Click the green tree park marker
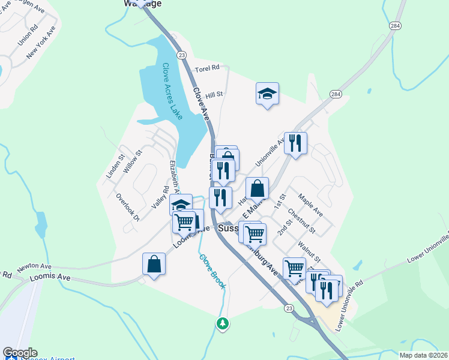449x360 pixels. (223, 323)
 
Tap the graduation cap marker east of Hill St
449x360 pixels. (267, 94)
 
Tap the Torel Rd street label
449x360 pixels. (208, 70)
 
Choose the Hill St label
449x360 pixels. (214, 95)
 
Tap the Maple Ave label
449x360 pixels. (310, 205)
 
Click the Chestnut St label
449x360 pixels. (301, 221)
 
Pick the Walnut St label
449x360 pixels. (310, 250)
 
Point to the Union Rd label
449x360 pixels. (28, 35)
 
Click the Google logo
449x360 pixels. (20, 353)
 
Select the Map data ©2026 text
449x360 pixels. (423, 355)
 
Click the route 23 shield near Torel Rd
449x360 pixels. (181, 55)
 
